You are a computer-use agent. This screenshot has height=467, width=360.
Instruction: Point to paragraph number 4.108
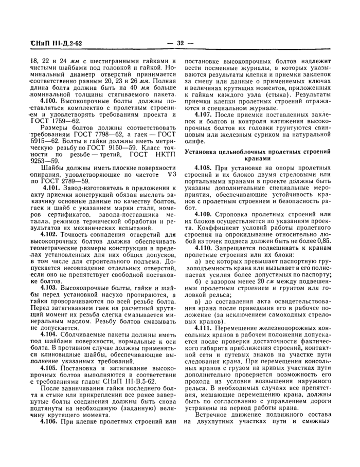click(x=205, y=168)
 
